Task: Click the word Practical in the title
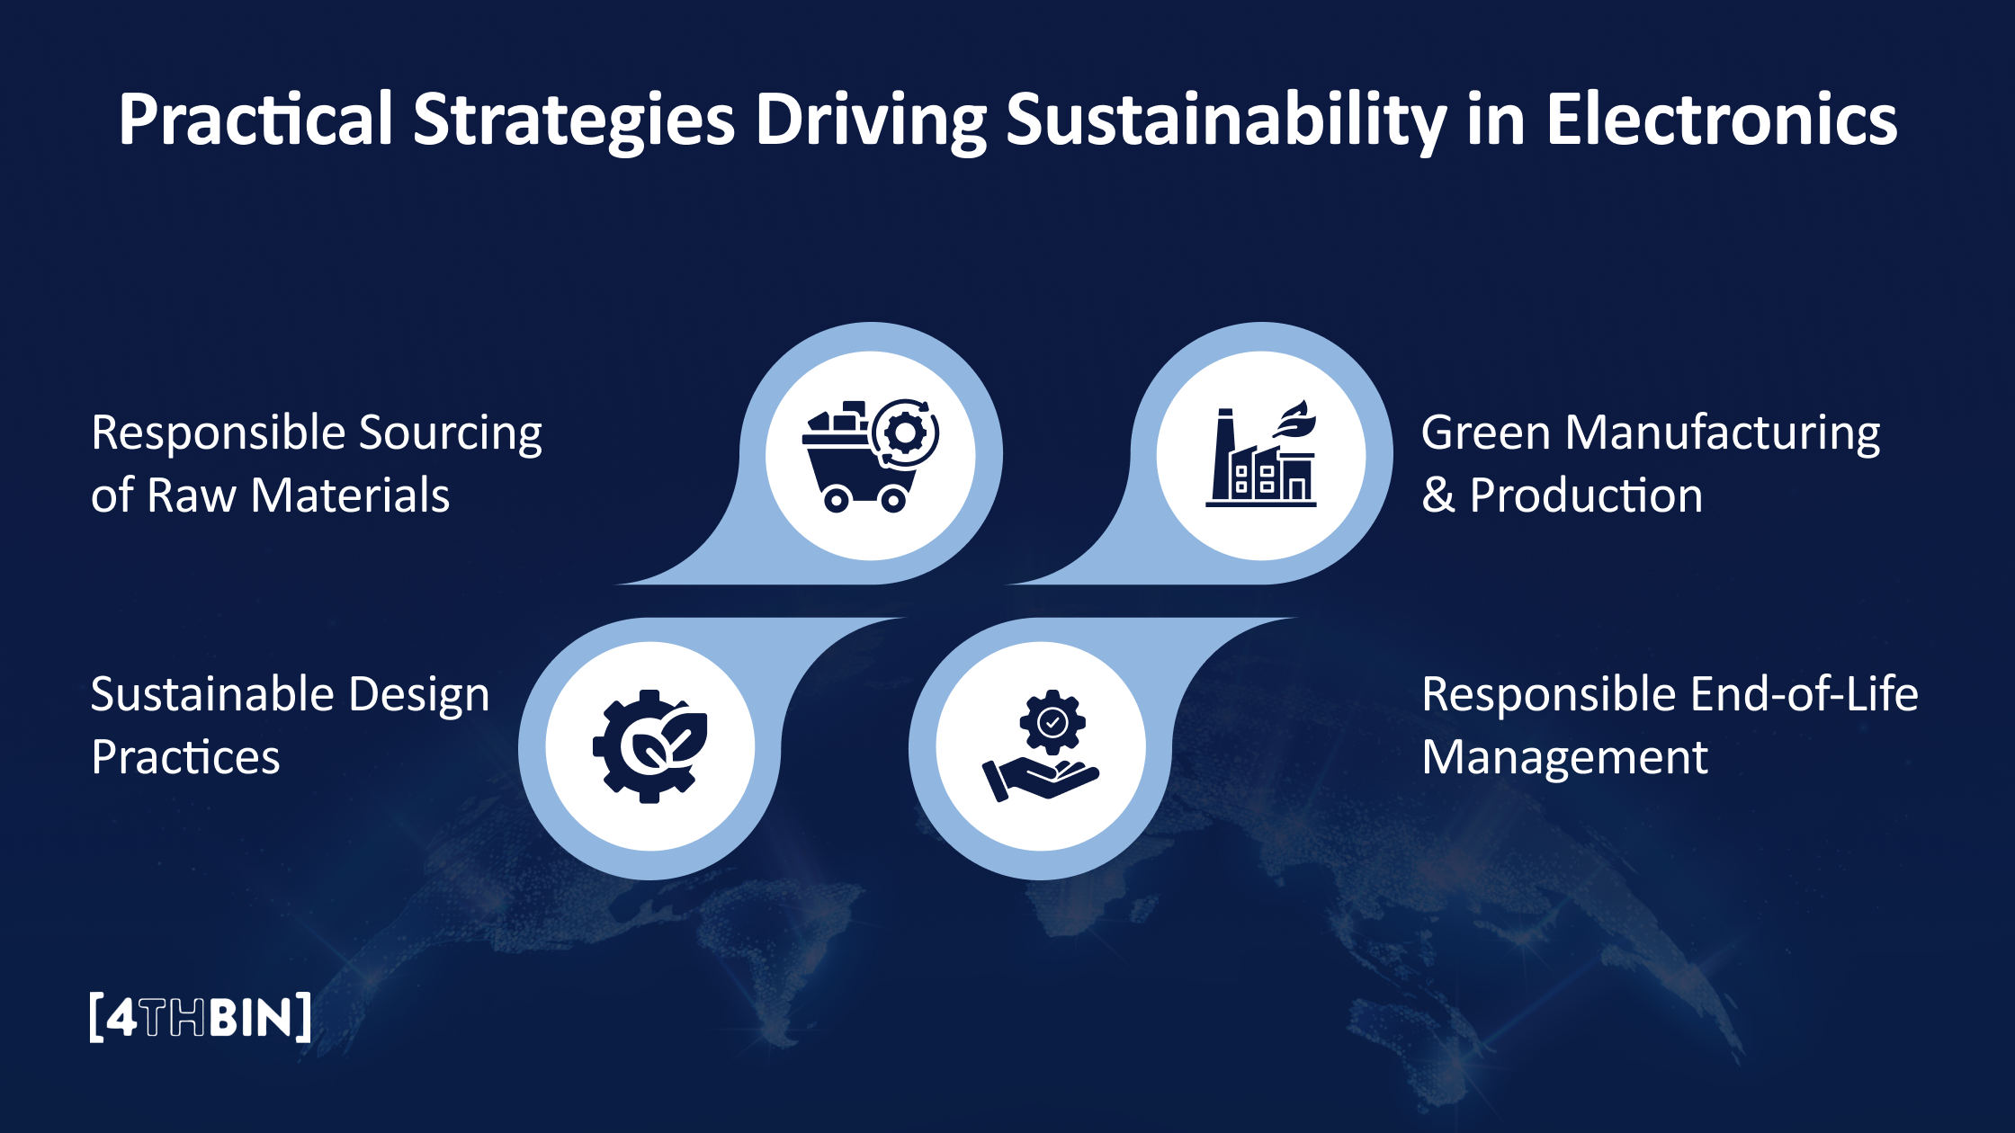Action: (255, 120)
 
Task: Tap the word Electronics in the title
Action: (1721, 120)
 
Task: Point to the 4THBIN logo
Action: (201, 1017)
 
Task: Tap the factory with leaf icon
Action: (1261, 456)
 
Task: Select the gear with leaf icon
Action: (650, 746)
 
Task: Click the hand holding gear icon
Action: (1041, 746)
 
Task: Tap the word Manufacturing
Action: (1722, 433)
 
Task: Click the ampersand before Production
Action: (1437, 495)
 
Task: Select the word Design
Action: (418, 695)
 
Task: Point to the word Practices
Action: (185, 757)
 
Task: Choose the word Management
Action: (1564, 757)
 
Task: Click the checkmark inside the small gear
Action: (1052, 721)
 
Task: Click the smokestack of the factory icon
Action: (1223, 454)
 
